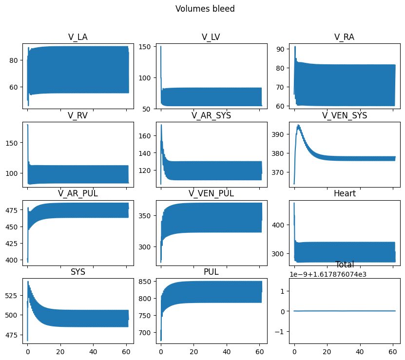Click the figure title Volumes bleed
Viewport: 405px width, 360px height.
(205, 9)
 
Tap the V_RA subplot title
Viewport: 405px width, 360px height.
(344, 38)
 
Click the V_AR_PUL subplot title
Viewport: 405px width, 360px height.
(77, 193)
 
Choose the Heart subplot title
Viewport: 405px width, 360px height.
(344, 193)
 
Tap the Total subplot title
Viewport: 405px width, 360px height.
(344, 265)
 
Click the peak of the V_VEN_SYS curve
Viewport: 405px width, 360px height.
(298, 125)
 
